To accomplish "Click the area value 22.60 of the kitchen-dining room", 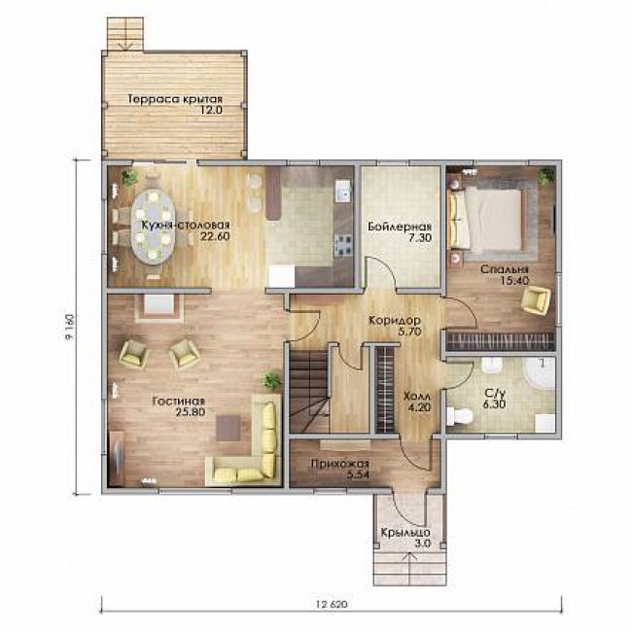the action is (215, 236).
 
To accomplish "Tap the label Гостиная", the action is (179, 401).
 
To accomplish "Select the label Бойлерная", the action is (400, 227).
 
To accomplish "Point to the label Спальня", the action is (505, 269).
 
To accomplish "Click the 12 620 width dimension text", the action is (332, 604).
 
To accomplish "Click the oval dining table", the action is (154, 227).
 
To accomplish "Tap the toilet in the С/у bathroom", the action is (460, 416).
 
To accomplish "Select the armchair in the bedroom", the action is (536, 299).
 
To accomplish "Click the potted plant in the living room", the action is (271, 380).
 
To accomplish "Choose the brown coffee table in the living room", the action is (228, 428).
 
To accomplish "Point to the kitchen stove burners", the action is (343, 245).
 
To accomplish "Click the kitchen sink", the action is (344, 191).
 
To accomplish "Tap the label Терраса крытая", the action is (175, 99).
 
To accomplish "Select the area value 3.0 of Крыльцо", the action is (423, 543).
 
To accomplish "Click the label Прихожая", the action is (339, 465).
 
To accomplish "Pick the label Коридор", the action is (395, 321).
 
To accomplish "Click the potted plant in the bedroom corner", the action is (544, 176).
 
